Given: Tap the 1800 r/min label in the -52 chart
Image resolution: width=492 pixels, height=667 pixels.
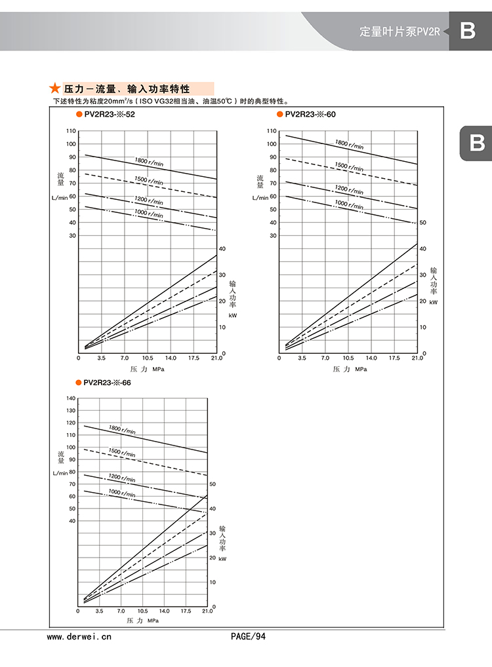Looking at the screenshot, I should click(x=149, y=161).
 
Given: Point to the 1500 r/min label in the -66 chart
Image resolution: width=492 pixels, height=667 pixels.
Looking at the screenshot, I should click(x=122, y=453).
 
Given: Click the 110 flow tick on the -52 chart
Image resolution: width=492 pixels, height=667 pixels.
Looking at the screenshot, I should click(x=71, y=131).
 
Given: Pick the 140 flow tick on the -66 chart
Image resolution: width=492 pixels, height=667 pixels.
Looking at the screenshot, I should click(x=71, y=398).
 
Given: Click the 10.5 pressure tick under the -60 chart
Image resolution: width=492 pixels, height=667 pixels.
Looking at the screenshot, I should click(x=348, y=358).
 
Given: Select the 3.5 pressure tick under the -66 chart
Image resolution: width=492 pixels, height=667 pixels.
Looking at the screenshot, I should click(x=99, y=611).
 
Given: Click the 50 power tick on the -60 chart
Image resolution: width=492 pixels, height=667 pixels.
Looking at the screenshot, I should click(x=423, y=223).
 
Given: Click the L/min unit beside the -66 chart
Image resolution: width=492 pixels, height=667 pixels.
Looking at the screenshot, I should click(x=60, y=472).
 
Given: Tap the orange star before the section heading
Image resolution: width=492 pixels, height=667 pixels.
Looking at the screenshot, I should click(x=55, y=88).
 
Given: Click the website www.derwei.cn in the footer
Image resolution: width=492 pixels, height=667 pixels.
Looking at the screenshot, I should click(x=80, y=636).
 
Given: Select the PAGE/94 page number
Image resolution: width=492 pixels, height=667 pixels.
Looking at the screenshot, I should click(x=249, y=636).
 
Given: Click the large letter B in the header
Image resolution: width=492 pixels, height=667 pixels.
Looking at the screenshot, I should click(x=468, y=31).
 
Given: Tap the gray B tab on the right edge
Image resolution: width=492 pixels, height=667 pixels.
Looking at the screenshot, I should click(x=476, y=143).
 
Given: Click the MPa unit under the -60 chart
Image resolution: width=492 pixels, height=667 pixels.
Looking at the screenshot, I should click(x=361, y=369).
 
